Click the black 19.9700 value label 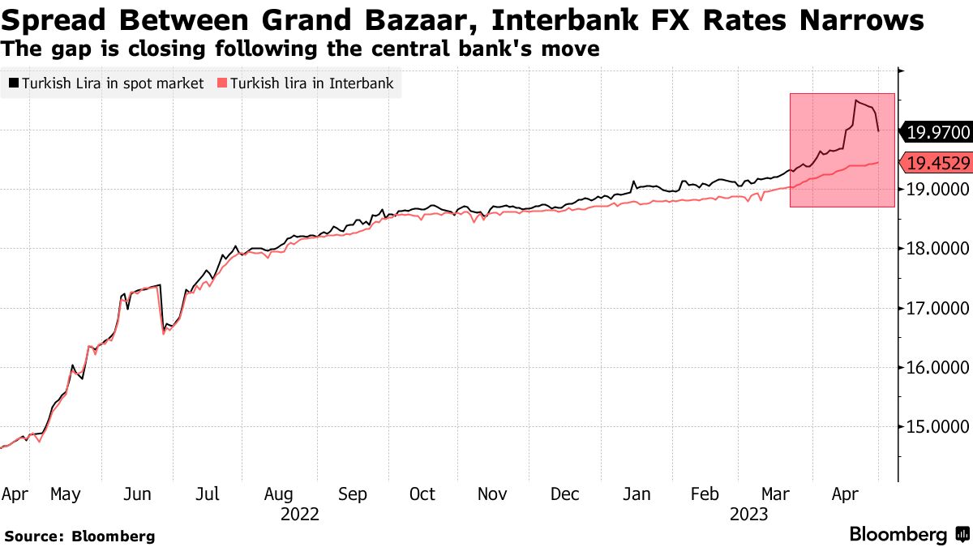tap(937, 131)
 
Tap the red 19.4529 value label tap(937, 163)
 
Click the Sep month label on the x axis tap(353, 494)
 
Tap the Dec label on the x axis tap(564, 494)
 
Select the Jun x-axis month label tap(139, 494)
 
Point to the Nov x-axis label tap(492, 494)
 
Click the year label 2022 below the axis tap(299, 514)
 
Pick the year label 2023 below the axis tap(750, 514)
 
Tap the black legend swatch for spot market tap(13, 83)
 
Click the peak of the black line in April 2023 tap(855, 100)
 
